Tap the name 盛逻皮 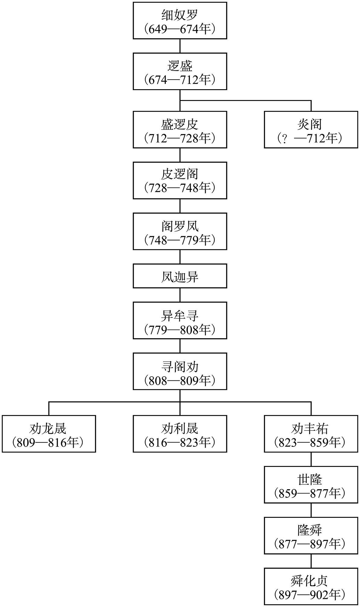[x=180, y=124]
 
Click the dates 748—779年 [x=180, y=240]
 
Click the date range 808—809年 [x=180, y=381]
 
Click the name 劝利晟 [x=180, y=428]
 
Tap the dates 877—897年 [x=311, y=544]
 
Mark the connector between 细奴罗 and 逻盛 [x=180, y=46]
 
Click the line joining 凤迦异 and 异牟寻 [x=180, y=295]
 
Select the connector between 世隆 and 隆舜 [x=311, y=510]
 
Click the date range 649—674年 [x=180, y=30]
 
